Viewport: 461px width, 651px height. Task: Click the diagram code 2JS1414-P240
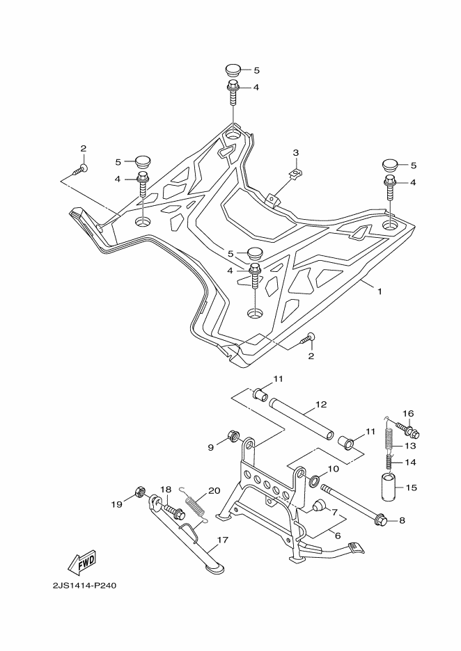point(84,586)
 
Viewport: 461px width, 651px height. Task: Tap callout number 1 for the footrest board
point(379,292)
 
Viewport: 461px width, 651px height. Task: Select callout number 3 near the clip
point(295,153)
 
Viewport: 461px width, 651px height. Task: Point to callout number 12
point(321,404)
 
